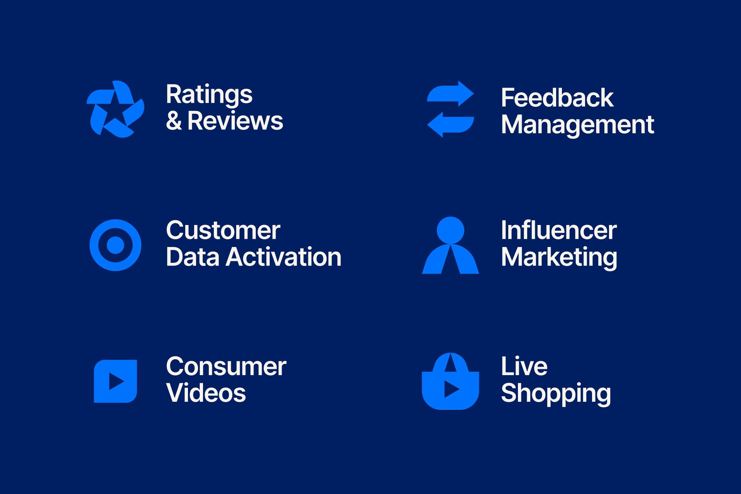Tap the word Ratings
209,95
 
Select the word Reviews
235,121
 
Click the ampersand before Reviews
174,121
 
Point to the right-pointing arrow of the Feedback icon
450,93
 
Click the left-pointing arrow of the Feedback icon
450,125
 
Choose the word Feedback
557,98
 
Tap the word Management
577,125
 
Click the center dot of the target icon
115,245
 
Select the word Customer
223,230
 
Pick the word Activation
284,257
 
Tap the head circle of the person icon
450,230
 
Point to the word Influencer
559,230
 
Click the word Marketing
559,258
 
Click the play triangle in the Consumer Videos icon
116,381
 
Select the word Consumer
226,367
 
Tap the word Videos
206,393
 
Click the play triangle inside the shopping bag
451,389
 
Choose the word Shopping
556,394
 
